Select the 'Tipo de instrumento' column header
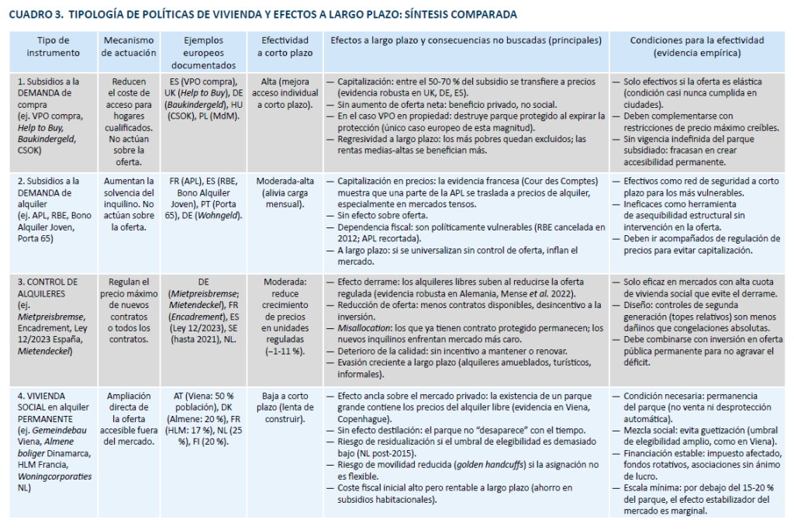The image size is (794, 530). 53,47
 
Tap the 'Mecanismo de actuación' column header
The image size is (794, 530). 128,47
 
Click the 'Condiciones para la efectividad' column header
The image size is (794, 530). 697,47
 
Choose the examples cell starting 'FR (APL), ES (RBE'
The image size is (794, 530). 203,199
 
